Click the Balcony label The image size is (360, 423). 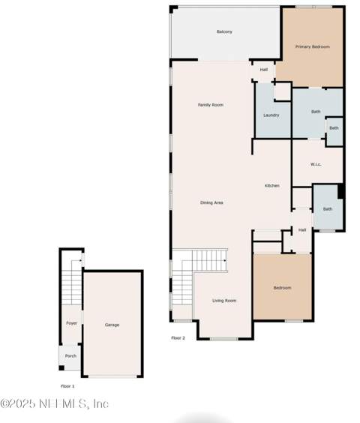click(x=224, y=31)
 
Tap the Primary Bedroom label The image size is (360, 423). click(x=313, y=46)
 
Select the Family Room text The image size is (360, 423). click(x=211, y=105)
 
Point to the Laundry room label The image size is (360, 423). click(x=271, y=115)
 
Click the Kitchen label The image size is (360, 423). click(x=272, y=185)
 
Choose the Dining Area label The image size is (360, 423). click(x=211, y=202)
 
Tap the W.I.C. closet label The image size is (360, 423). click(x=316, y=164)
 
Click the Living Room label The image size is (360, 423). click(x=224, y=301)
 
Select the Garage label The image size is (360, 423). click(x=112, y=325)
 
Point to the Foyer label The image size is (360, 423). click(x=71, y=323)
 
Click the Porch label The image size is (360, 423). click(x=70, y=355)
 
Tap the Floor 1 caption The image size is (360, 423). click(x=67, y=386)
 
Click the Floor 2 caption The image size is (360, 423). click(x=178, y=337)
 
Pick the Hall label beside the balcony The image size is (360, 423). click(x=264, y=70)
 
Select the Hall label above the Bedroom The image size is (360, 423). click(x=302, y=229)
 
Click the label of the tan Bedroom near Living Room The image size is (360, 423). click(x=282, y=288)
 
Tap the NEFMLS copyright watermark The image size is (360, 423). click(x=55, y=403)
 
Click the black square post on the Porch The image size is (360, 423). click(x=61, y=367)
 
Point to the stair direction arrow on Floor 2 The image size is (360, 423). click(x=224, y=260)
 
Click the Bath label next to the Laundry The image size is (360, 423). click(x=316, y=112)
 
